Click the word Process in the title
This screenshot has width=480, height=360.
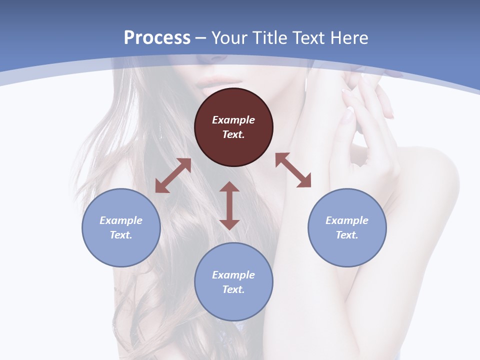pyautogui.click(x=157, y=38)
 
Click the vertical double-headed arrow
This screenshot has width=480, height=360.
pyautogui.click(x=229, y=205)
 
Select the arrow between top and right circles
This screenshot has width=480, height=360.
pyautogui.click(x=293, y=170)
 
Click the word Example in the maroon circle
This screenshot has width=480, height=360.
pyautogui.click(x=233, y=120)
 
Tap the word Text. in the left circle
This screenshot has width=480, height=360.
pyautogui.click(x=121, y=235)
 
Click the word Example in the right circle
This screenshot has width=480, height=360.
pyautogui.click(x=347, y=220)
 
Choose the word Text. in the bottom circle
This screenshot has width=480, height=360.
pyautogui.click(x=233, y=289)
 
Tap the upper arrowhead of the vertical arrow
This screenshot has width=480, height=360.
pyautogui.click(x=229, y=187)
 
